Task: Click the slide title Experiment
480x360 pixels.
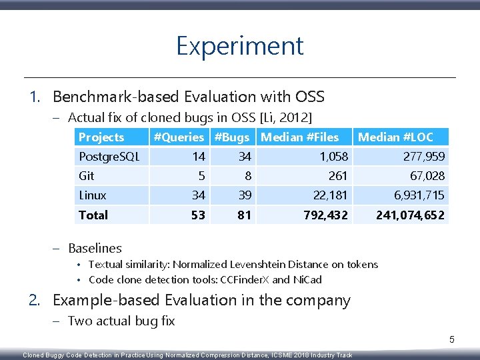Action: (x=239, y=46)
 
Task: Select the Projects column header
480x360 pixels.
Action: (x=101, y=137)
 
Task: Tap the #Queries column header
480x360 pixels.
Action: (x=179, y=137)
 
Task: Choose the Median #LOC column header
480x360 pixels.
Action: (x=395, y=137)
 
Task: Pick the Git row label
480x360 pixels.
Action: (x=87, y=176)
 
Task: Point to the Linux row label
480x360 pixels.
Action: (x=93, y=195)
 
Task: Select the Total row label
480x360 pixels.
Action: (x=93, y=215)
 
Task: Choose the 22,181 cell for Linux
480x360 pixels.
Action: (x=330, y=195)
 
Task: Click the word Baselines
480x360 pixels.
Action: (x=95, y=248)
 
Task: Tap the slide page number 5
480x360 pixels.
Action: (x=451, y=340)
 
